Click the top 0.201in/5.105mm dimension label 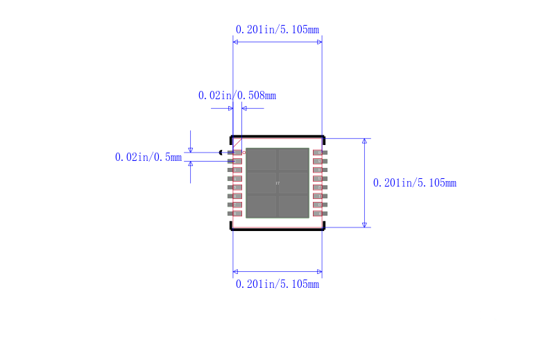click(x=277, y=30)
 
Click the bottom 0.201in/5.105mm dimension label click(x=277, y=284)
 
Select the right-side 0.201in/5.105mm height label click(x=414, y=183)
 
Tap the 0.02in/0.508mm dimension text click(x=237, y=96)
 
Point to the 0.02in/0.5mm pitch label click(x=148, y=157)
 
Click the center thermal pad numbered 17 click(x=277, y=183)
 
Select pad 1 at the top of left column click(x=236, y=153)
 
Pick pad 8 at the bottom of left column click(x=236, y=214)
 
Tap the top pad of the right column click(x=318, y=153)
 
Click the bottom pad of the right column click(x=318, y=214)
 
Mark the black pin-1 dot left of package click(x=221, y=153)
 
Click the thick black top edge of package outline click(x=277, y=137)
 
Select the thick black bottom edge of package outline click(x=277, y=229)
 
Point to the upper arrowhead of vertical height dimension click(x=364, y=142)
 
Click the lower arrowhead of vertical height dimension click(x=364, y=223)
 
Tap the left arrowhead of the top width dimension click(x=236, y=42)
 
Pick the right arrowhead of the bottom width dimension click(x=319, y=271)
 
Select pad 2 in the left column click(x=236, y=161)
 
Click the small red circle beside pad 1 click(x=244, y=152)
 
